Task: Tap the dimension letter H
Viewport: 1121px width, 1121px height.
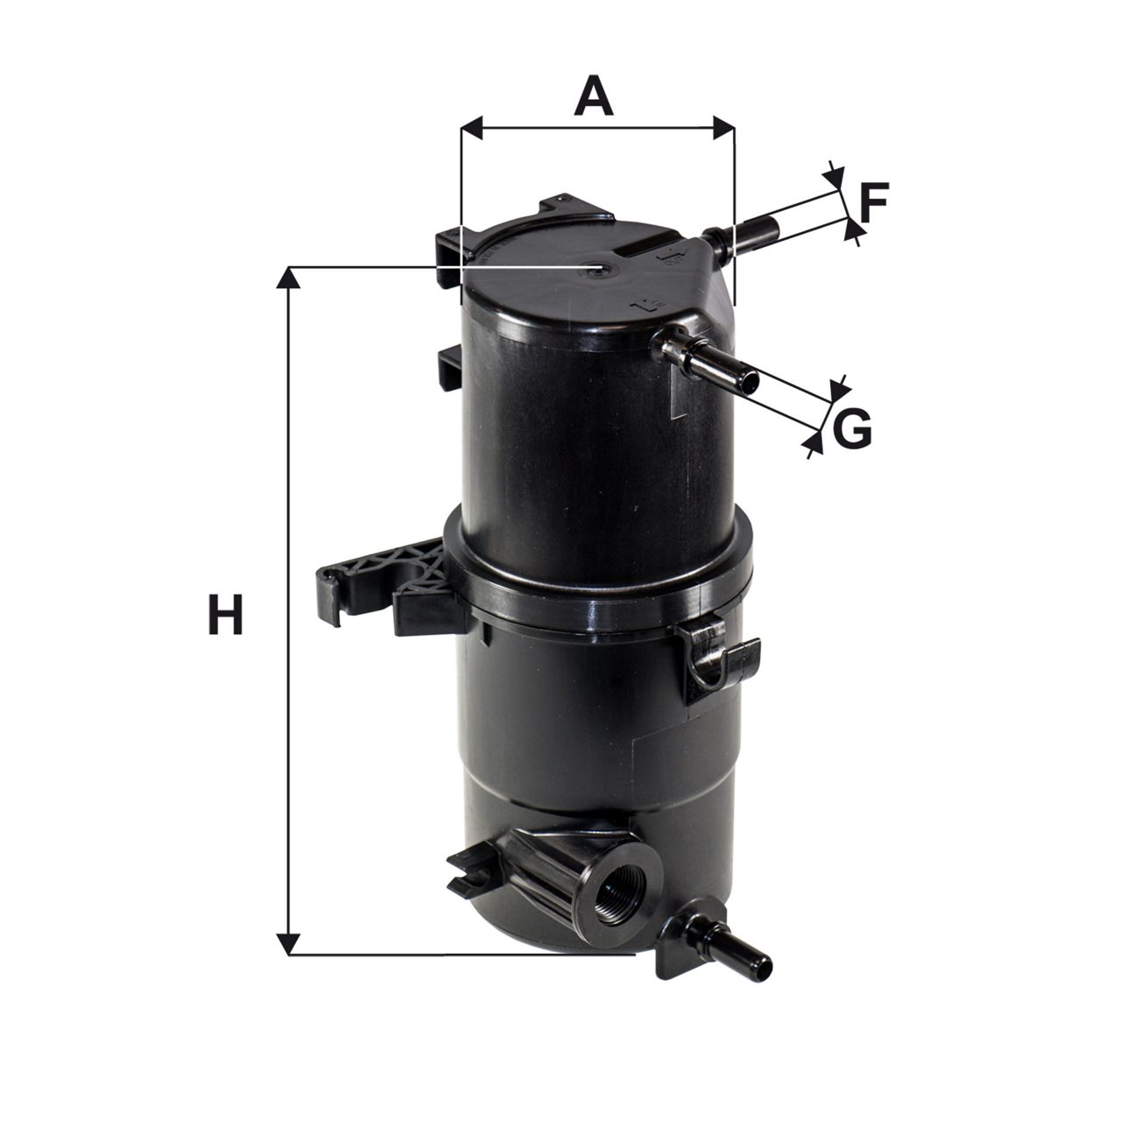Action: point(225,614)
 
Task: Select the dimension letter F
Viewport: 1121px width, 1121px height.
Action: point(874,203)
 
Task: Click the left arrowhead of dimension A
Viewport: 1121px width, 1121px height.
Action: point(471,127)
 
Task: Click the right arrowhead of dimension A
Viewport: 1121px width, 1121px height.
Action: point(723,127)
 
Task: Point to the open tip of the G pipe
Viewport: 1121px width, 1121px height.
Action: point(752,382)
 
